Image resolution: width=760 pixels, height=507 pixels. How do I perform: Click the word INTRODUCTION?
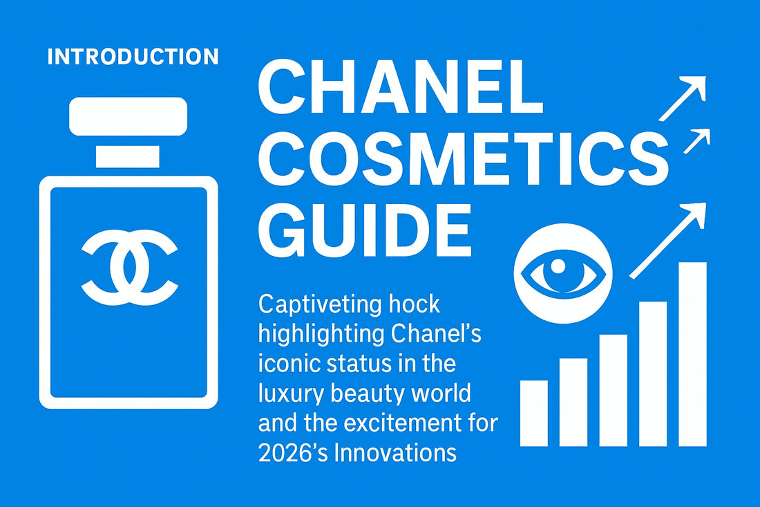coord(133,57)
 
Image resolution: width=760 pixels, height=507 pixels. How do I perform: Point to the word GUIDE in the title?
coord(364,228)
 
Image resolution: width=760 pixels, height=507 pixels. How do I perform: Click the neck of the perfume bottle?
coord(129,156)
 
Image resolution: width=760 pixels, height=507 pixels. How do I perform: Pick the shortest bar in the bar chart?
coord(533,412)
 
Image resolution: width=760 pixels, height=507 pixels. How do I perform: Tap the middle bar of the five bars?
coord(612,390)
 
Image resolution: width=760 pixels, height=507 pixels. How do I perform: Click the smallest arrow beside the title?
coord(696,140)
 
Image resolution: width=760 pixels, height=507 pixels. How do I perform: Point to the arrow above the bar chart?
coord(667,240)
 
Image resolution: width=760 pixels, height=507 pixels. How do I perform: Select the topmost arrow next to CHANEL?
coord(682,98)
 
